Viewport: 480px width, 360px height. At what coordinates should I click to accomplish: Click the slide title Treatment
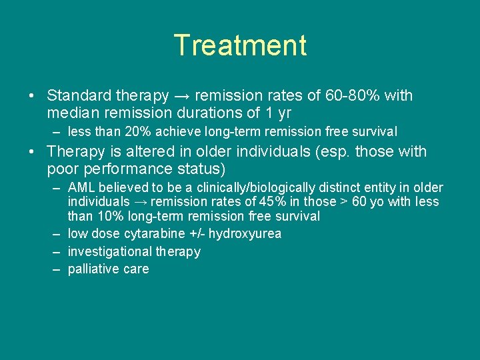coord(240,46)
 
